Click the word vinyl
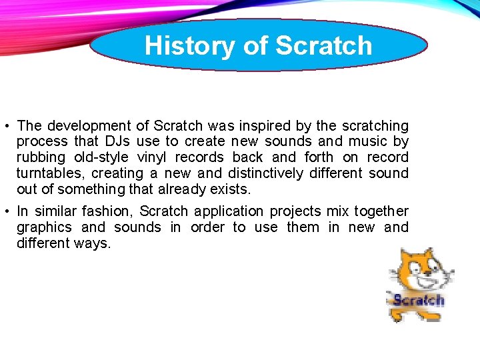(x=153, y=157)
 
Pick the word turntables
(x=51, y=173)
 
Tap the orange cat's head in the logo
(x=417, y=267)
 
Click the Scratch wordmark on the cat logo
(x=418, y=301)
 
